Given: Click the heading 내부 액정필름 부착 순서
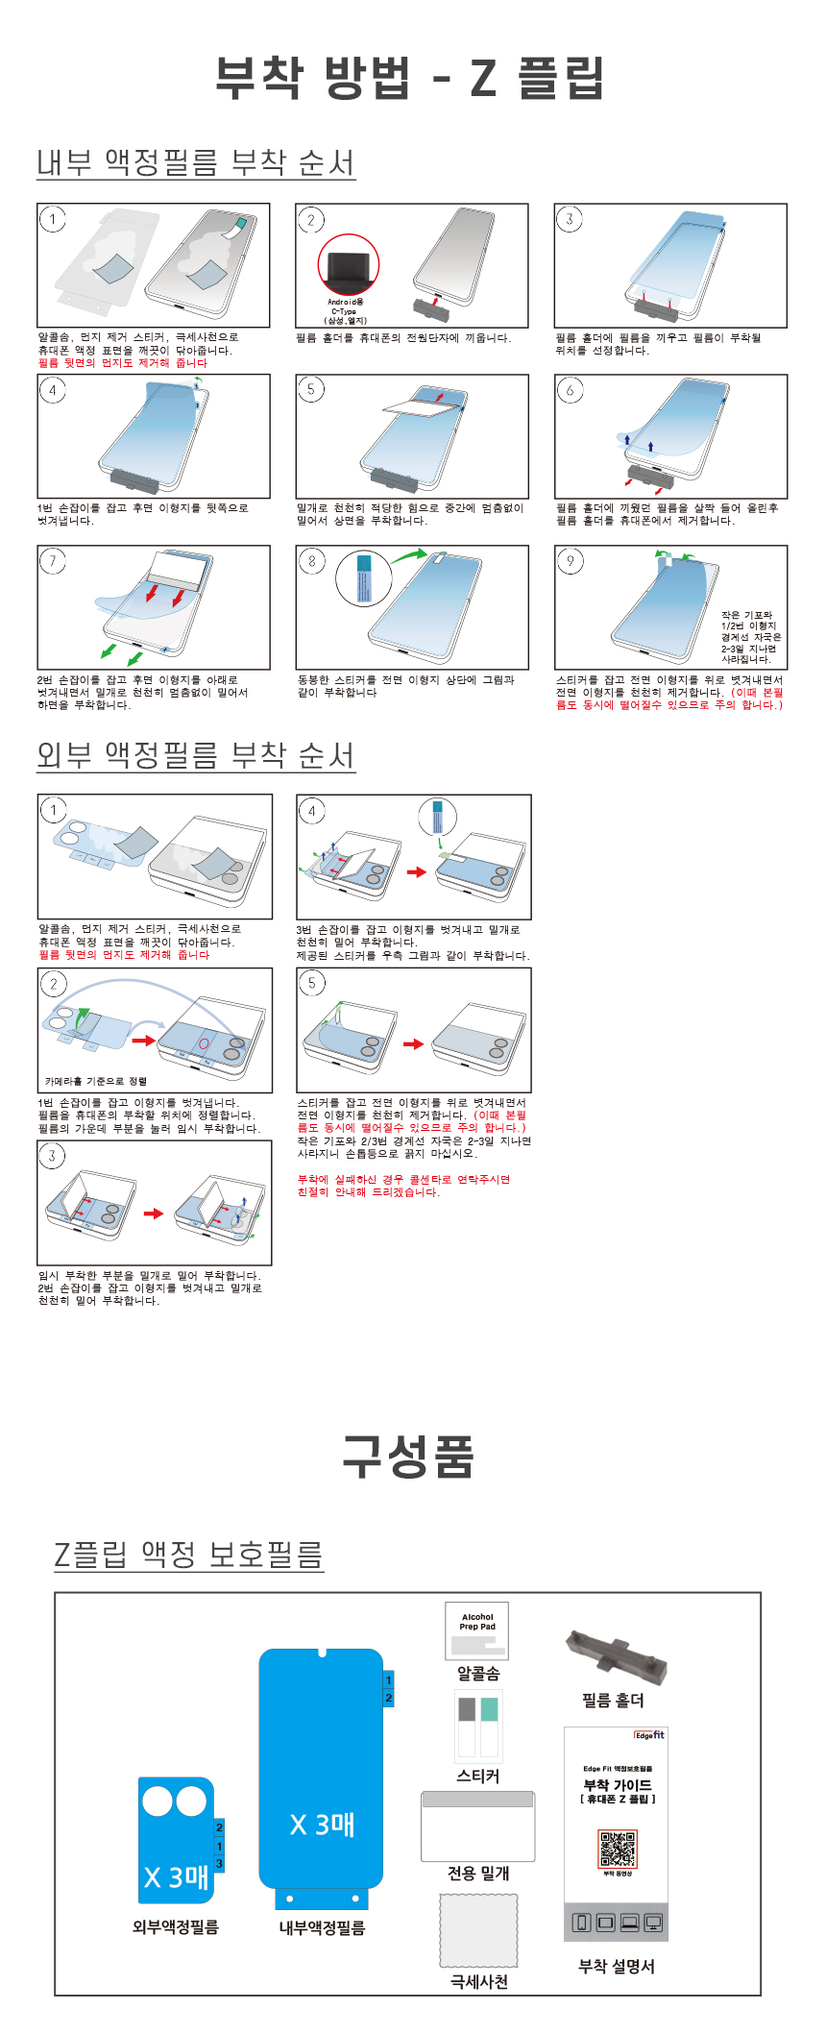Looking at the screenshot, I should tap(196, 162).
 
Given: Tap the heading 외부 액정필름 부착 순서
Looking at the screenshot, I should tap(196, 755).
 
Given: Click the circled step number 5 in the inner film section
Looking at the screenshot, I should tap(310, 389).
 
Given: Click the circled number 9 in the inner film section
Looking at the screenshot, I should tap(571, 561).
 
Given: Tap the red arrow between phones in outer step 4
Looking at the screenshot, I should tap(416, 872).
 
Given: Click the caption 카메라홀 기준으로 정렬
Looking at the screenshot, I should tap(96, 1081).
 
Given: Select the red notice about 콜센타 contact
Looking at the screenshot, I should tap(403, 1186).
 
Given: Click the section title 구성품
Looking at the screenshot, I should tap(409, 1456).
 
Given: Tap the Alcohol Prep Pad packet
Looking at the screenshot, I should tap(477, 1630).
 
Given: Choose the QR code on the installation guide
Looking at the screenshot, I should tap(618, 1849).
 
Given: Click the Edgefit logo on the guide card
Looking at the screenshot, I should tap(649, 1735).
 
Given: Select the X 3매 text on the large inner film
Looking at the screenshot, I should tap(323, 1824).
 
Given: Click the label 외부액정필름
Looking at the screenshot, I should tap(176, 1927).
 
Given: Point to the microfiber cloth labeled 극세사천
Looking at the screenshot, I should tap(478, 1930).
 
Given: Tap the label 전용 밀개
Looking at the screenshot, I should tap(478, 1874).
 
